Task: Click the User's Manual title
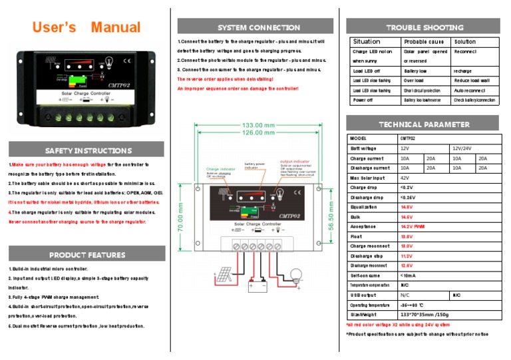click(x=87, y=27)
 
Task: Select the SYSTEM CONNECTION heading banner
click(x=259, y=27)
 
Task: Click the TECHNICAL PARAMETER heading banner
click(x=423, y=124)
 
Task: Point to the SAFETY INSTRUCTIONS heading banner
click(x=88, y=150)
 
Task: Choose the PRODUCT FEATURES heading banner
click(x=87, y=255)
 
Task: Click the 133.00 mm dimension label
click(x=259, y=125)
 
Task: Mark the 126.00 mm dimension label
click(x=259, y=132)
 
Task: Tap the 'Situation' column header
click(x=367, y=41)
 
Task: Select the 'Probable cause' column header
click(x=424, y=41)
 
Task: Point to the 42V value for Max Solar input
click(x=405, y=178)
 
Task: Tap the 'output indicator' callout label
click(x=295, y=162)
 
